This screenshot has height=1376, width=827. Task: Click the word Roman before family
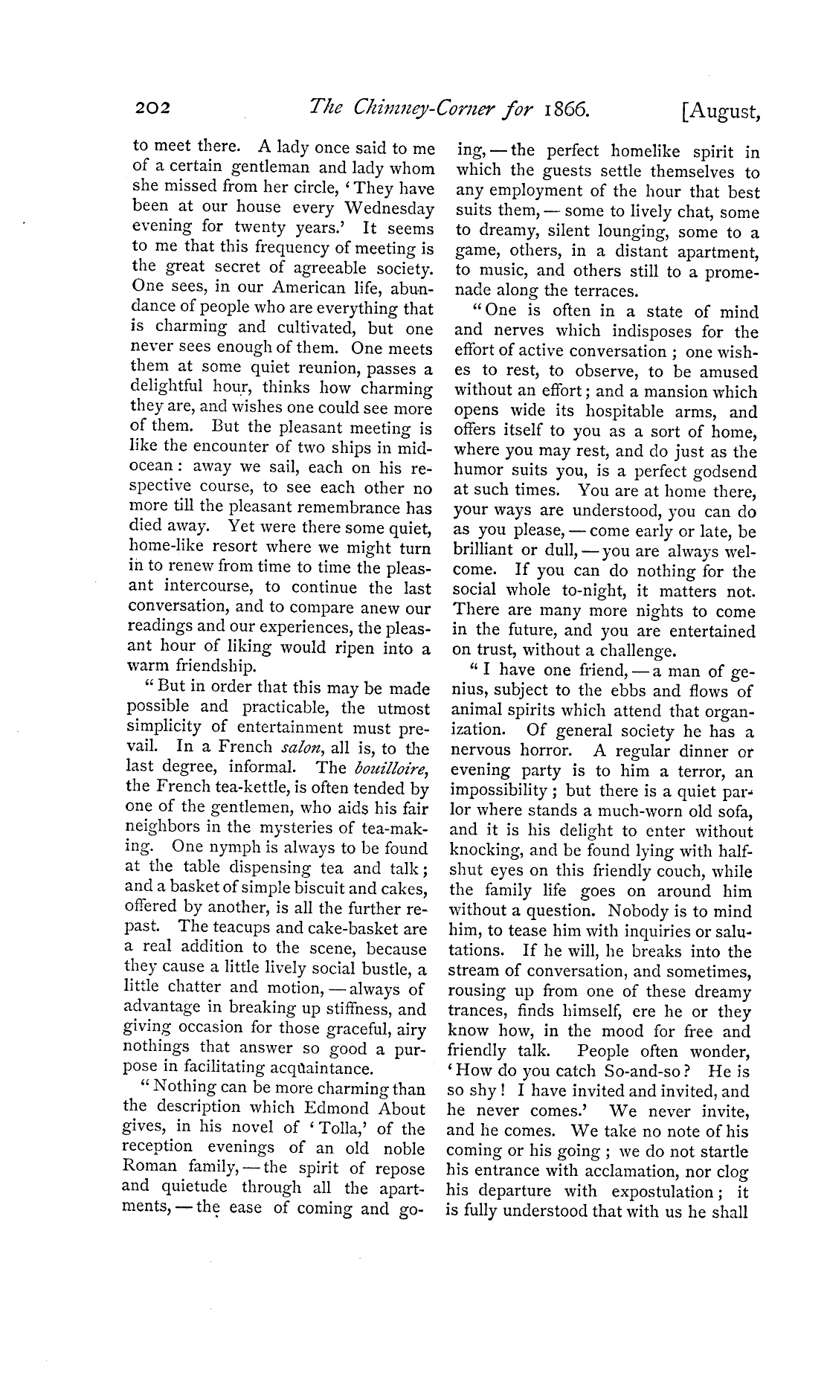coord(155,1168)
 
